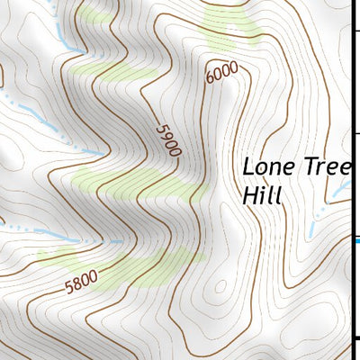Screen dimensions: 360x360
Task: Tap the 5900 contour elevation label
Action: pos(166,139)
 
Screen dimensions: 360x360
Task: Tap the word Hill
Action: pos(262,194)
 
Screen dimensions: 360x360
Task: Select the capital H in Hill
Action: pos(250,194)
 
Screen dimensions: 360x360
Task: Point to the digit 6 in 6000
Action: pos(210,80)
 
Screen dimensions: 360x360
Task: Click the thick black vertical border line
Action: pos(351,135)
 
